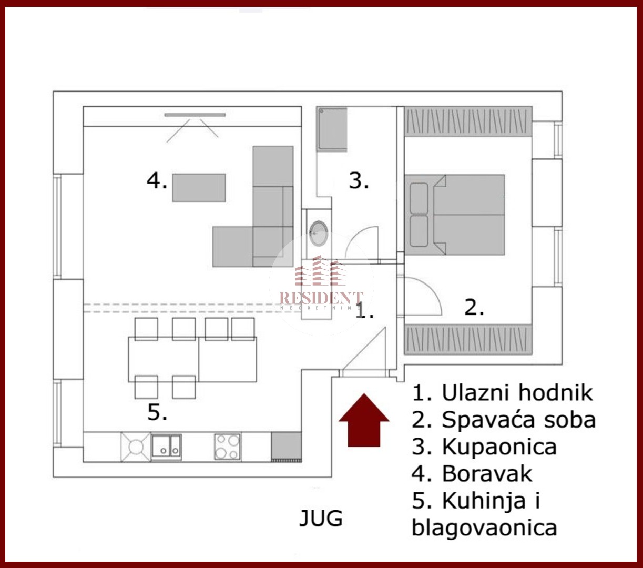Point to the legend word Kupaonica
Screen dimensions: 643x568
pos(499,447)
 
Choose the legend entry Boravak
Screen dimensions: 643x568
pos(487,474)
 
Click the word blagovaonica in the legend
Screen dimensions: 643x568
pos(484,528)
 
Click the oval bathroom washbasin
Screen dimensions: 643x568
pos(319,234)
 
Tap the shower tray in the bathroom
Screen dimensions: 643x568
pos(332,128)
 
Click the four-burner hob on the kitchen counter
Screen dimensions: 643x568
pos(228,447)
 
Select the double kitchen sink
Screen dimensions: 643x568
pos(166,447)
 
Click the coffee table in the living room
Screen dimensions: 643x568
pos(199,188)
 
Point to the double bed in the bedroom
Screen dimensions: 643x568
pos(454,215)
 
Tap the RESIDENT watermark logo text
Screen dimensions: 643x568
pos(321,298)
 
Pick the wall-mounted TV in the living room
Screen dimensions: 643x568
pos(195,115)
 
